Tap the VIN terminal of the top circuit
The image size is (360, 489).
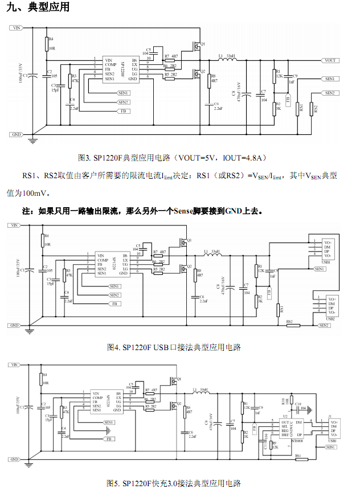[x=17, y=27]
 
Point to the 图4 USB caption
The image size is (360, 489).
[x=174, y=347]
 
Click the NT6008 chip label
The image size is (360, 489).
[x=297, y=440]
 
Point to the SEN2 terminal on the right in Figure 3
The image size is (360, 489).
[x=330, y=93]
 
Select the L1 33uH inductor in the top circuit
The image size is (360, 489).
[x=226, y=59]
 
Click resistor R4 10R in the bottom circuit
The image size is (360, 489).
[x=41, y=379]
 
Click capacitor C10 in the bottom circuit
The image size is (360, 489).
[x=298, y=406]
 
